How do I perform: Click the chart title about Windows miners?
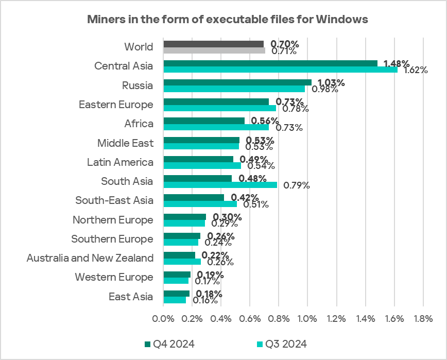coord(227,20)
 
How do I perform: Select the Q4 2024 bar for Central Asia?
coord(270,63)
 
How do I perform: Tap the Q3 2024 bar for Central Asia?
coord(280,70)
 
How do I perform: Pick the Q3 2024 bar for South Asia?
coord(220,185)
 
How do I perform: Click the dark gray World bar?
coord(214,44)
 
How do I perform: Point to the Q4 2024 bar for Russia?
coord(237,82)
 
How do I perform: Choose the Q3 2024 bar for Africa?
coord(216,127)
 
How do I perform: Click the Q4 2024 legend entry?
coord(169,344)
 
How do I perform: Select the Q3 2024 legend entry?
coord(281,344)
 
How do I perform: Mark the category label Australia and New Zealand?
coord(90,258)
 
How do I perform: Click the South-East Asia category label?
coord(114,200)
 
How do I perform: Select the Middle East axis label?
coord(126,143)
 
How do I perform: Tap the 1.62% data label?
coord(415,70)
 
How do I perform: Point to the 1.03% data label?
coord(331,82)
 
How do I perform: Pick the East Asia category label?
coord(131,297)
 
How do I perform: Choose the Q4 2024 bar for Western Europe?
coord(177,275)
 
